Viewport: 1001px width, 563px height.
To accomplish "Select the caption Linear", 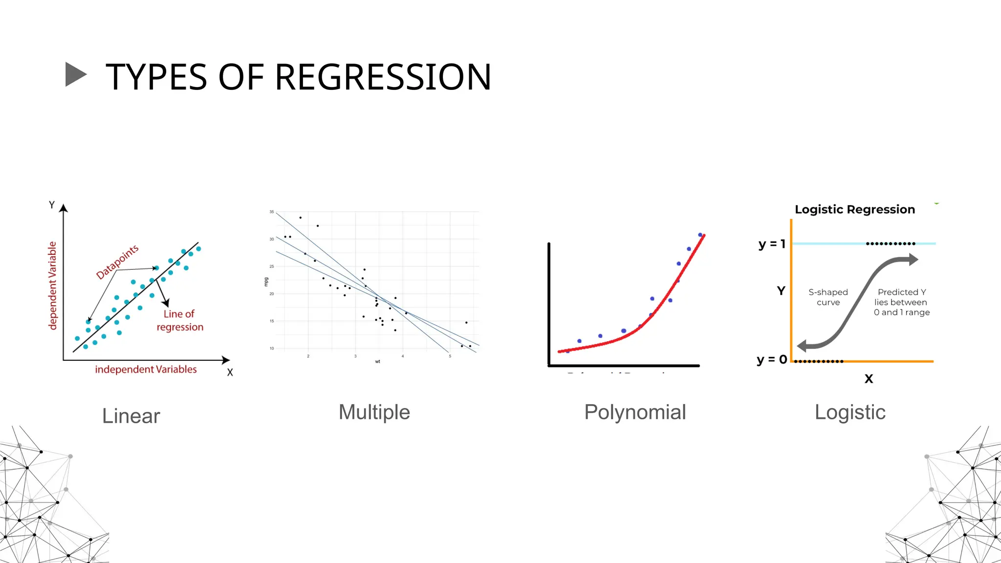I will coord(131,416).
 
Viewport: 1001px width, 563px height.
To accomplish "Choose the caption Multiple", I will coord(374,412).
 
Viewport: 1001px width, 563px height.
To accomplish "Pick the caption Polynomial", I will coord(635,412).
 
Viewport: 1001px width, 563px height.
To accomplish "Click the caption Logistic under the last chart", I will coord(850,412).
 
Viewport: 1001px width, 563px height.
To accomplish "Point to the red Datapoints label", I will coord(117,262).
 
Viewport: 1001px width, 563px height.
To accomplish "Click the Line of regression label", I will coord(179,321).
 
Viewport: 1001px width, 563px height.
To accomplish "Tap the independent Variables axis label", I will coord(146,369).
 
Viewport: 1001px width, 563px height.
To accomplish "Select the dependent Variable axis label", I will coord(52,285).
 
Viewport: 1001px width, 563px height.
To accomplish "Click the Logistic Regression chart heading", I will coord(854,210).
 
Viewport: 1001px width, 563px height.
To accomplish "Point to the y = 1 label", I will coord(772,244).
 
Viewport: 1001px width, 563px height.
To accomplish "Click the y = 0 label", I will coord(772,360).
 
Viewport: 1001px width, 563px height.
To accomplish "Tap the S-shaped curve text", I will coord(828,297).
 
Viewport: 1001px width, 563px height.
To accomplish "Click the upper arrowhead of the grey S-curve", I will coord(913,260).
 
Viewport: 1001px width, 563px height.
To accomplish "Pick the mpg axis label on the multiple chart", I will coord(266,281).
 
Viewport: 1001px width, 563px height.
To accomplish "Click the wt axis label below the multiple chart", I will coord(377,362).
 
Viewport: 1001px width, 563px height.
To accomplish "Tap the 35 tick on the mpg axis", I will coord(272,212).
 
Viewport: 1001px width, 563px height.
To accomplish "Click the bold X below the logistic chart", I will coord(869,379).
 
